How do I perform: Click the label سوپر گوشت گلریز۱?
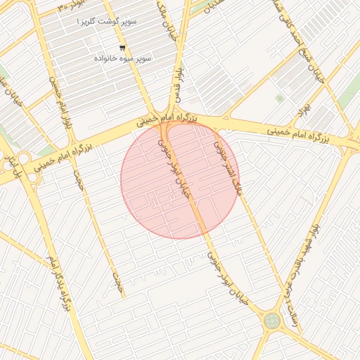[x=109, y=22]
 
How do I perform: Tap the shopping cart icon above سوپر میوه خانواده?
[x=122, y=48]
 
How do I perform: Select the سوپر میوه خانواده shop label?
[x=120, y=57]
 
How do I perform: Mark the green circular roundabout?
[x=272, y=321]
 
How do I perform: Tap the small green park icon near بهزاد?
[x=280, y=98]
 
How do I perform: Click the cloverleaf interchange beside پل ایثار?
[x=23, y=160]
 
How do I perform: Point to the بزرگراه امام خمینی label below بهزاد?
[x=300, y=132]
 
